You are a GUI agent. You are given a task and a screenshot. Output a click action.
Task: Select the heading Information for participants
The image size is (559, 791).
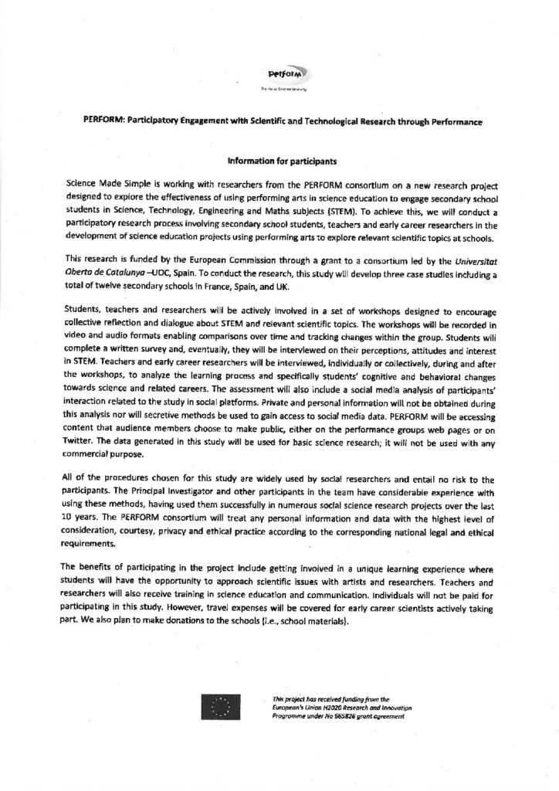[x=279, y=163]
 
